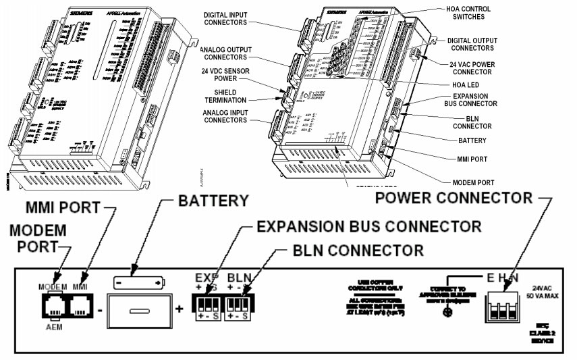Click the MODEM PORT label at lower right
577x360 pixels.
472,182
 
